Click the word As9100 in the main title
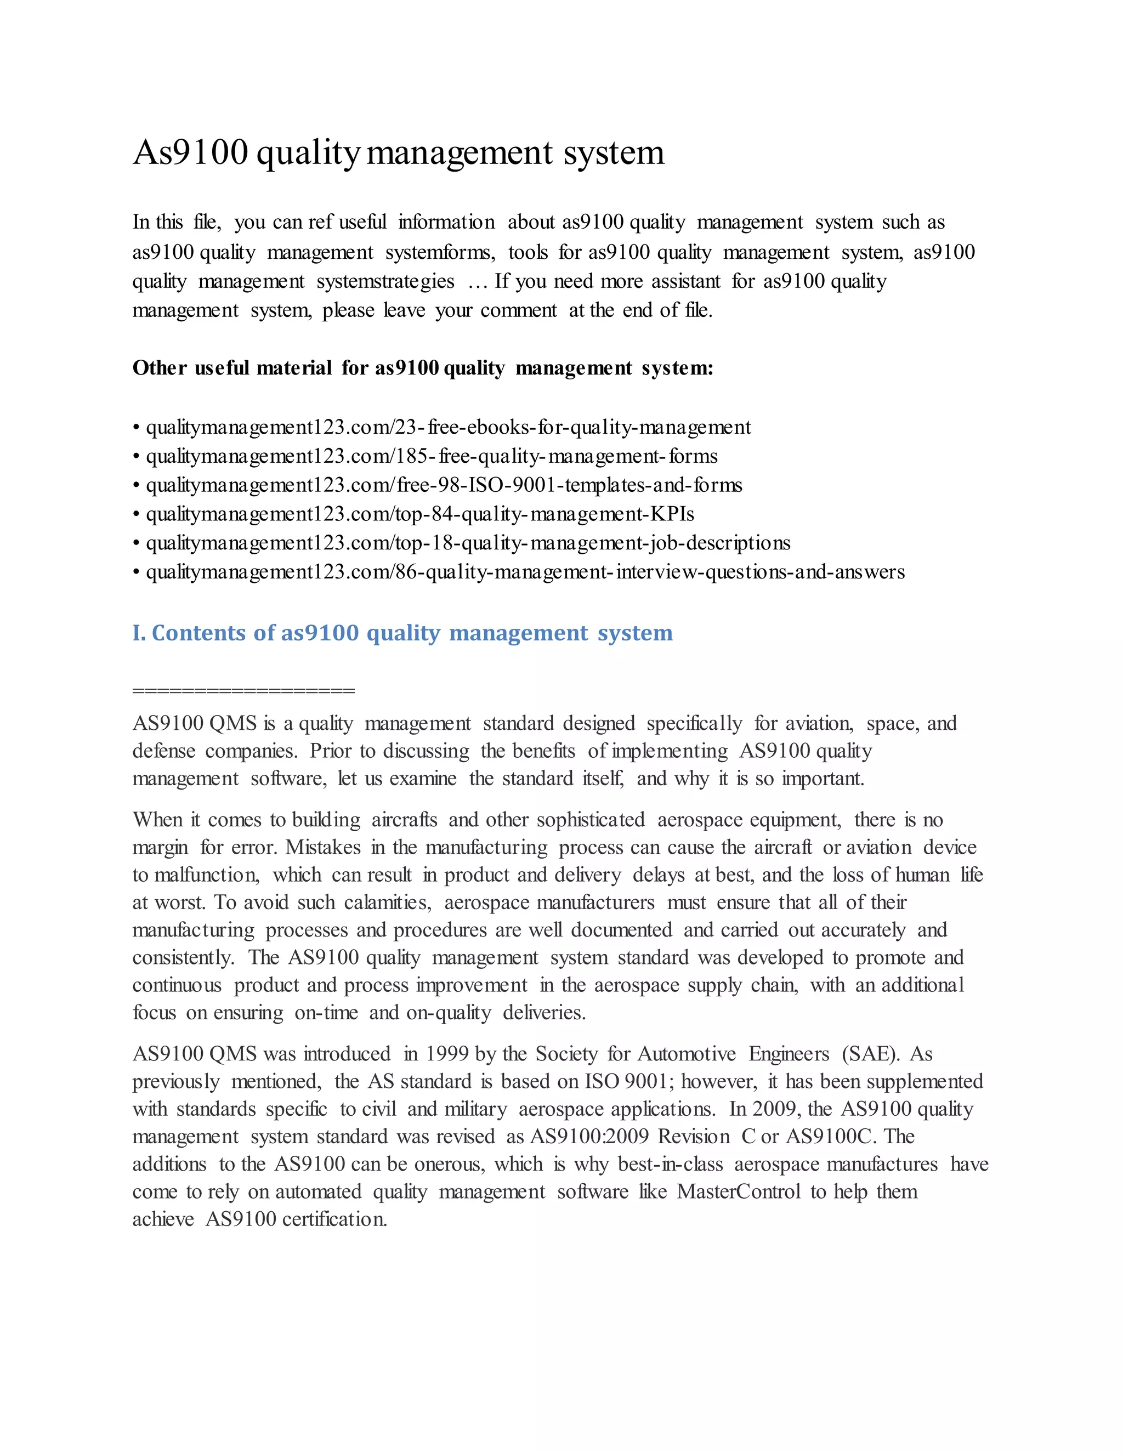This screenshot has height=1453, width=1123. pyautogui.click(x=190, y=153)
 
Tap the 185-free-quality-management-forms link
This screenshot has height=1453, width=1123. pyautogui.click(x=431, y=456)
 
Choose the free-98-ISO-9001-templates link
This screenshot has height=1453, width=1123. pyautogui.click(x=444, y=485)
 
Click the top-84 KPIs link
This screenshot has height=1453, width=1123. pyautogui.click(x=420, y=514)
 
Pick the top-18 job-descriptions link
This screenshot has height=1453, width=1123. pyautogui.click(x=468, y=543)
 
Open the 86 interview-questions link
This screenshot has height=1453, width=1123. pyautogui.click(x=525, y=572)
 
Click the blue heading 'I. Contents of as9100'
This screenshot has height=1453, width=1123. pyautogui.click(x=402, y=633)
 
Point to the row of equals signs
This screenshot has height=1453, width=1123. pyautogui.click(x=243, y=690)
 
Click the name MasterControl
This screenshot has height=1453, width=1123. pyautogui.click(x=739, y=1191)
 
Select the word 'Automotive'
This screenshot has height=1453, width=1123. pyautogui.click(x=687, y=1054)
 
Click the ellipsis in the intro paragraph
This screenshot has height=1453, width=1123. pyautogui.click(x=478, y=282)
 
